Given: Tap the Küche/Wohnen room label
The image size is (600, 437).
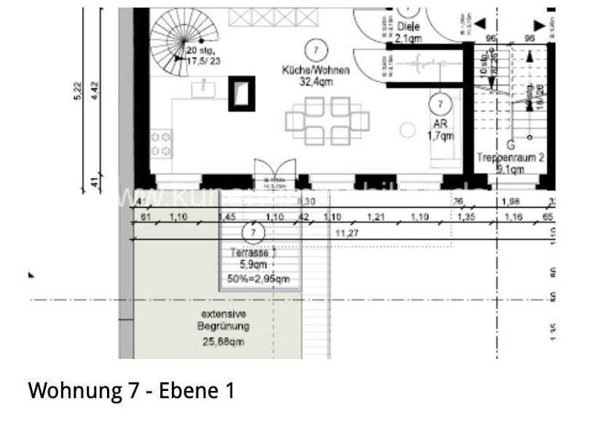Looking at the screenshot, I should click(x=316, y=70).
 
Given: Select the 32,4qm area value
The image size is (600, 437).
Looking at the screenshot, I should click(x=316, y=82).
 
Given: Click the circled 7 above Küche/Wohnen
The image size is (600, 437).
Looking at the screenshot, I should click(x=316, y=49).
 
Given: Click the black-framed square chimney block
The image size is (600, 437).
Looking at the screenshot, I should click(x=241, y=93).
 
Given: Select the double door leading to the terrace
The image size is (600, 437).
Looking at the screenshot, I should click(x=275, y=174).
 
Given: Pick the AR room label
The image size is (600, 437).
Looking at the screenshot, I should click(x=440, y=124).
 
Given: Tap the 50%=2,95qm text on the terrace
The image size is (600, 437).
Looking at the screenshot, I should click(x=259, y=278).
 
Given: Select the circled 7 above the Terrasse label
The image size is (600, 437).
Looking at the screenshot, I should click(x=252, y=233).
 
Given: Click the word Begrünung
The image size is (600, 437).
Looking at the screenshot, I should click(x=223, y=327).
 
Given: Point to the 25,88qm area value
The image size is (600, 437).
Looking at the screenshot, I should click(x=223, y=341).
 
